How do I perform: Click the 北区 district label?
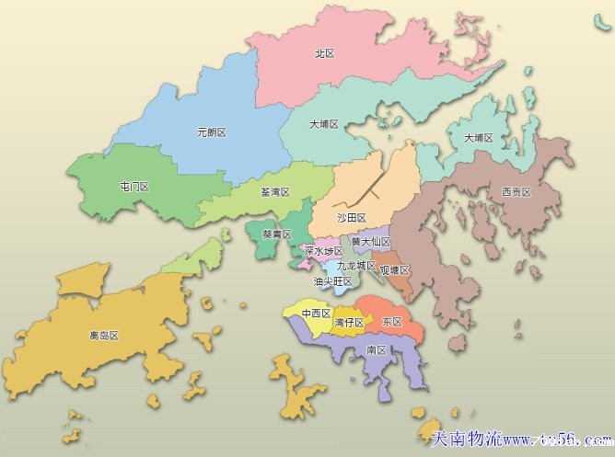click(x=323, y=54)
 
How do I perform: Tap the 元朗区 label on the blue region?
click(x=211, y=132)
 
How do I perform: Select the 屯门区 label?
click(x=133, y=187)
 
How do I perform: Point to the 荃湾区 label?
click(x=274, y=192)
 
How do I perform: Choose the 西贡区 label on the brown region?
click(x=516, y=192)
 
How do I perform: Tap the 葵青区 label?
click(x=276, y=234)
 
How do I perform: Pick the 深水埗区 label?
click(x=323, y=250)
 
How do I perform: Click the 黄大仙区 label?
click(x=371, y=242)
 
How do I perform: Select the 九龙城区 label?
click(x=356, y=265)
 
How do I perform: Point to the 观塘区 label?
click(x=394, y=270)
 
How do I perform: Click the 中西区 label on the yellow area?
click(x=316, y=313)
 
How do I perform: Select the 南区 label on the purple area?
click(x=376, y=350)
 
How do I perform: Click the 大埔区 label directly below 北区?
click(x=324, y=123)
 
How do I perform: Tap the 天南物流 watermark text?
click(x=465, y=440)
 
